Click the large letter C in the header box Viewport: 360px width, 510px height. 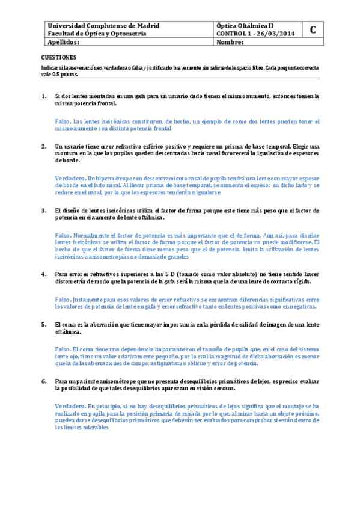313,30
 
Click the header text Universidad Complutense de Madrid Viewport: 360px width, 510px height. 103,26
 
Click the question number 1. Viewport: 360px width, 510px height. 44,96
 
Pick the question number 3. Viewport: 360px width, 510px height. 44,210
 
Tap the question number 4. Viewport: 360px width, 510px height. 44,274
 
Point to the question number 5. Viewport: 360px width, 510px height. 44,324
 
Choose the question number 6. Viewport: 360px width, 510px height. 44,381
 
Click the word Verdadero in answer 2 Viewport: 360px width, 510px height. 70,179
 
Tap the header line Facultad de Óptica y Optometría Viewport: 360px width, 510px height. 97,34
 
